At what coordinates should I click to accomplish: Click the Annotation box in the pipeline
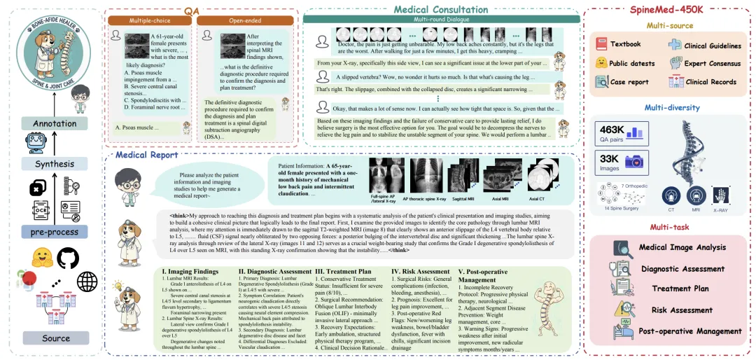pyautogui.click(x=55, y=124)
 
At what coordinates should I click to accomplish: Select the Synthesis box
pyautogui.click(x=55, y=164)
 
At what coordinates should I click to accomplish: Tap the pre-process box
pyautogui.click(x=55, y=232)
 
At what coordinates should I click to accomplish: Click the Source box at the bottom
pyautogui.click(x=55, y=339)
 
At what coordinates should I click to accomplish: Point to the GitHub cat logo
pyautogui.click(x=68, y=258)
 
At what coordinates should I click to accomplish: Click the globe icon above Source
pyautogui.click(x=87, y=282)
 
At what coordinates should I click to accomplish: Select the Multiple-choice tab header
pyautogui.click(x=148, y=20)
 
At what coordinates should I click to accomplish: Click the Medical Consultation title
pyautogui.click(x=440, y=9)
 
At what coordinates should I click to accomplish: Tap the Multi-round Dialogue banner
pyautogui.click(x=440, y=22)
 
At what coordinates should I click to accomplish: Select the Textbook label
pyautogui.click(x=626, y=45)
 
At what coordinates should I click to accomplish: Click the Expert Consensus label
pyautogui.click(x=710, y=64)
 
